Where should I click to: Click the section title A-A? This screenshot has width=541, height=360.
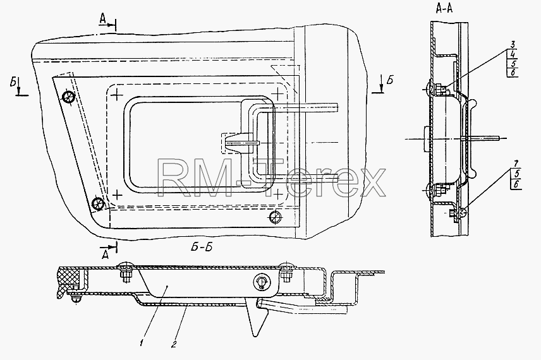tap(444, 9)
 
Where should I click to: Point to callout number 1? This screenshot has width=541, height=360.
tap(142, 343)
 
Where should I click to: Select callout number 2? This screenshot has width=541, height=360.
tap(174, 344)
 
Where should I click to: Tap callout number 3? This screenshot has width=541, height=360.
tap(513, 44)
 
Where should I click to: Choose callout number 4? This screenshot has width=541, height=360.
tap(513, 54)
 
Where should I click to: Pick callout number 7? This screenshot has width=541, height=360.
tap(516, 164)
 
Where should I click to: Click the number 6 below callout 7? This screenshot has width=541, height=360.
tap(516, 184)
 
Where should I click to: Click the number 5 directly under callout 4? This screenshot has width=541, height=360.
tap(513, 63)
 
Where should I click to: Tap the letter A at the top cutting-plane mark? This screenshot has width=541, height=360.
tap(103, 20)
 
